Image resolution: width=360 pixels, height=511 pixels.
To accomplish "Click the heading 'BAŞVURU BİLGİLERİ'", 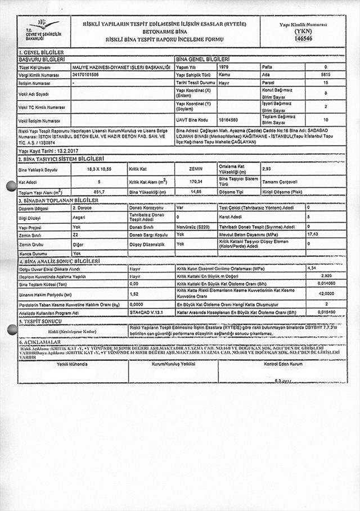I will pyautogui.click(x=42, y=58).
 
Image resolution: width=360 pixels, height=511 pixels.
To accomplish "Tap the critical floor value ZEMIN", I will pyautogui.click(x=196, y=169).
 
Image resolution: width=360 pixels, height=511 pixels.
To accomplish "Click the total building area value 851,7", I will pyautogui.click(x=99, y=192).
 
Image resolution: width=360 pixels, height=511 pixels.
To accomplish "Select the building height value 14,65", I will pyautogui.click(x=196, y=192).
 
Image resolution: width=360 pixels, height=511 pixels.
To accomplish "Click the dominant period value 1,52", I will pyautogui.click(x=134, y=293).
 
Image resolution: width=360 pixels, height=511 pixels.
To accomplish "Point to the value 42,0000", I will pyautogui.click(x=326, y=293).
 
